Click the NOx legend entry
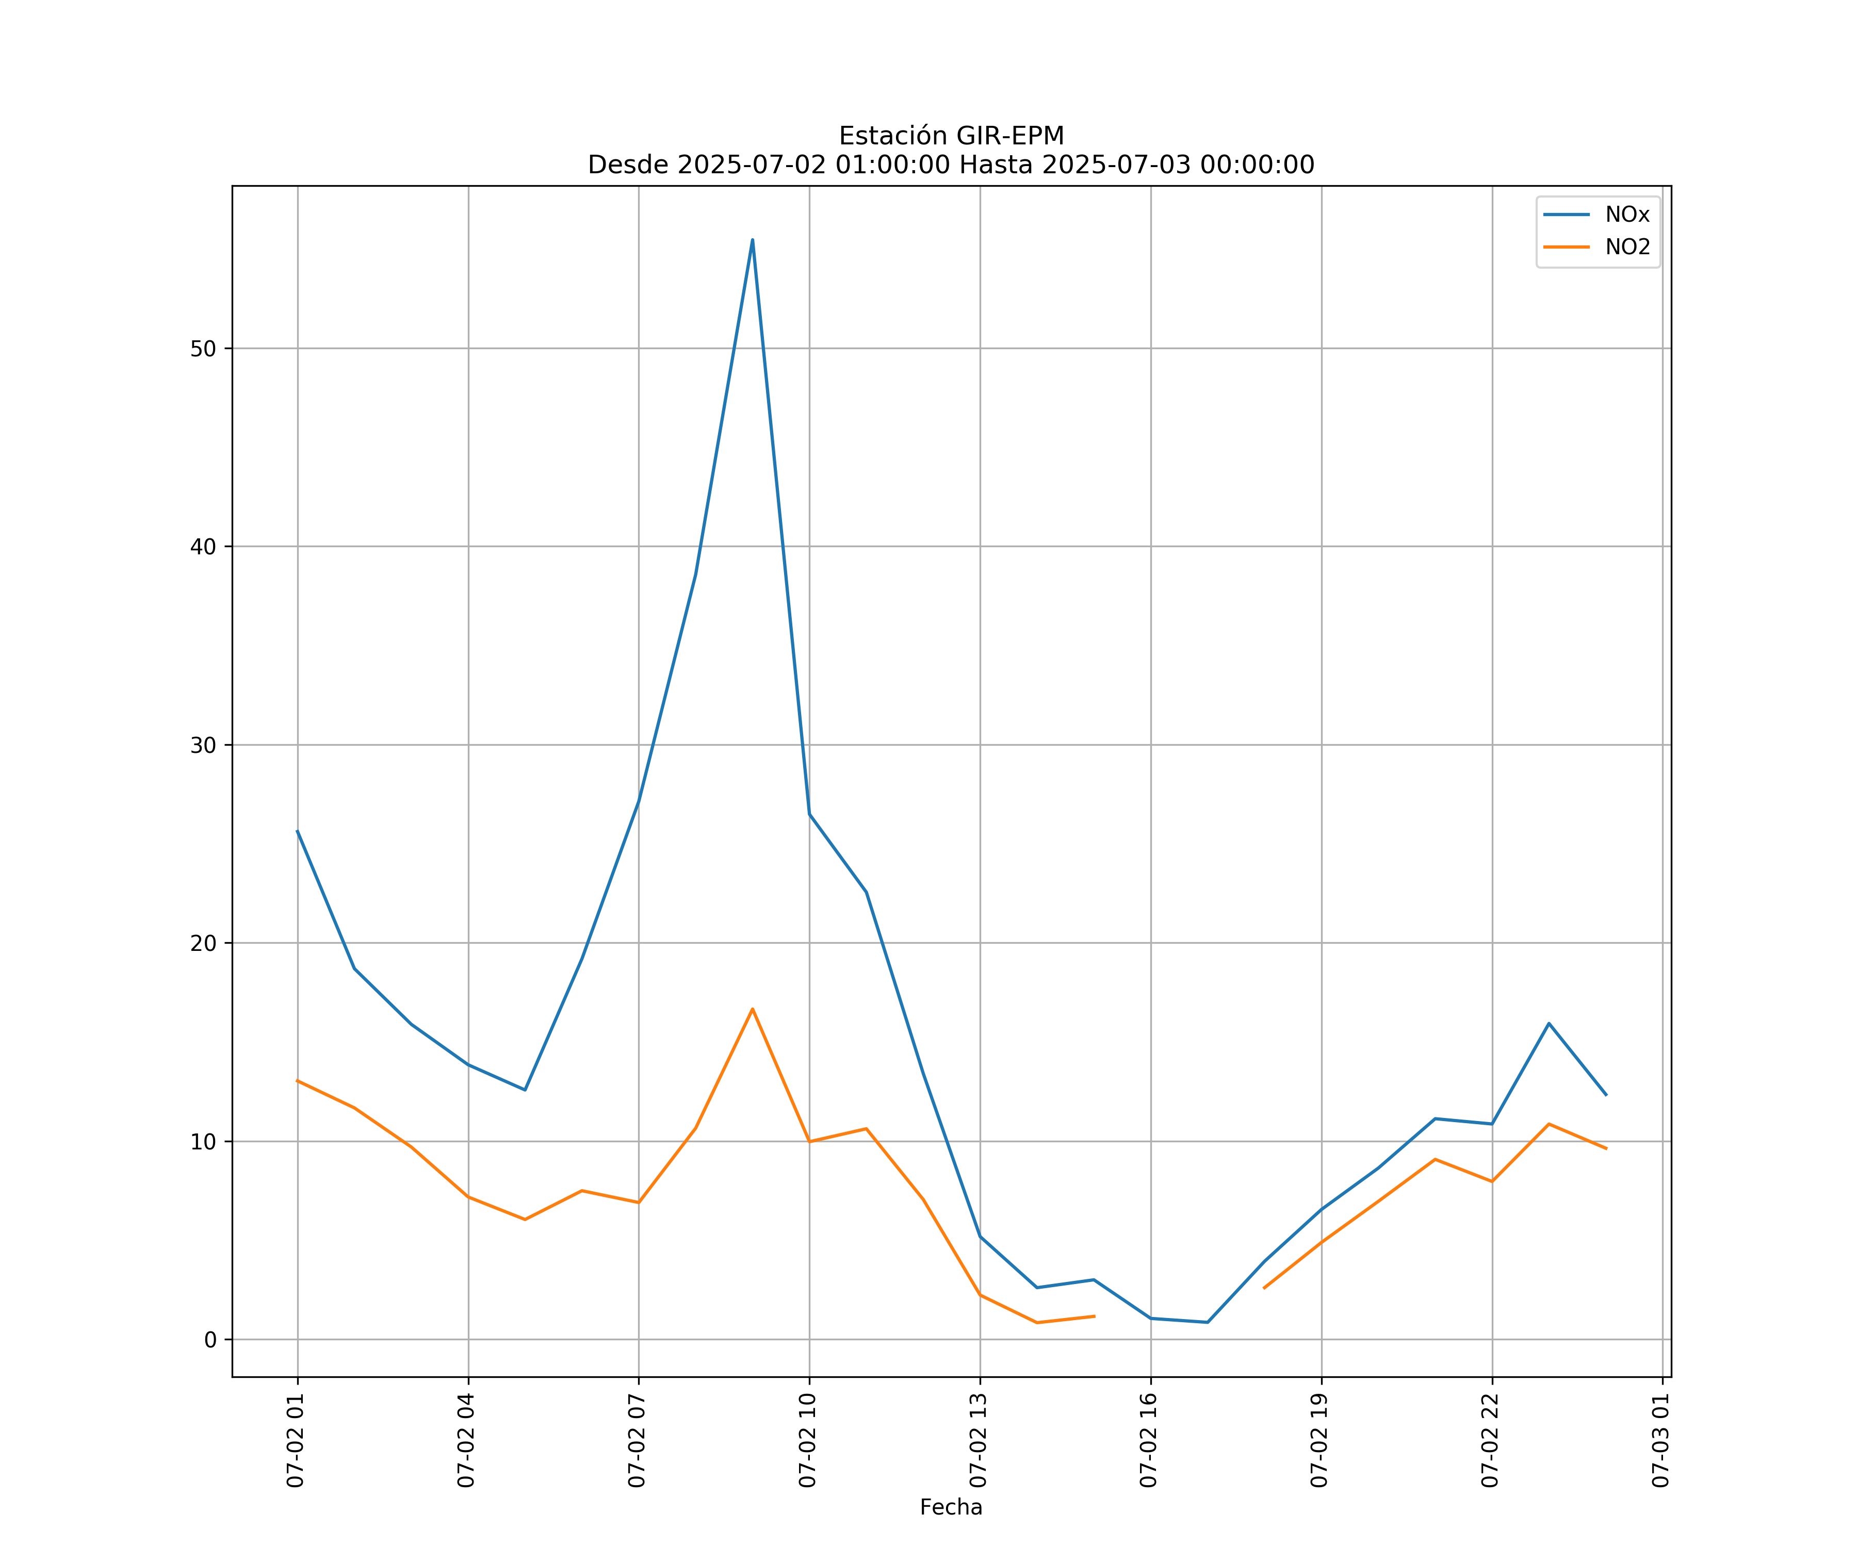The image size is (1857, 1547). tap(1626, 215)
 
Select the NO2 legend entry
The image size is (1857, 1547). tap(1627, 248)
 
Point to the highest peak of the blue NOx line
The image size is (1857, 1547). tap(753, 240)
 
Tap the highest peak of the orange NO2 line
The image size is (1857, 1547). tap(753, 1009)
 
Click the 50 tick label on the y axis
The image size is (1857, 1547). tap(203, 348)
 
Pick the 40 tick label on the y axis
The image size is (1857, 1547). tap(203, 546)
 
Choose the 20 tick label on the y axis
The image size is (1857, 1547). tap(203, 943)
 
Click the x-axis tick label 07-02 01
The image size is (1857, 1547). tap(296, 1440)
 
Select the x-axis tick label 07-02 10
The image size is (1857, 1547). tap(807, 1440)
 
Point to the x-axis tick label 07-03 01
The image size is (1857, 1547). tap(1660, 1440)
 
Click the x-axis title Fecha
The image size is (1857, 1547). tap(951, 1507)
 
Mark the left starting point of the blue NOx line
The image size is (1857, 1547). tap(298, 831)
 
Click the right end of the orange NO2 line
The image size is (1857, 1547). tap(1606, 1148)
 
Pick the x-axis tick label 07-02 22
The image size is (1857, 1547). tap(1490, 1440)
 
